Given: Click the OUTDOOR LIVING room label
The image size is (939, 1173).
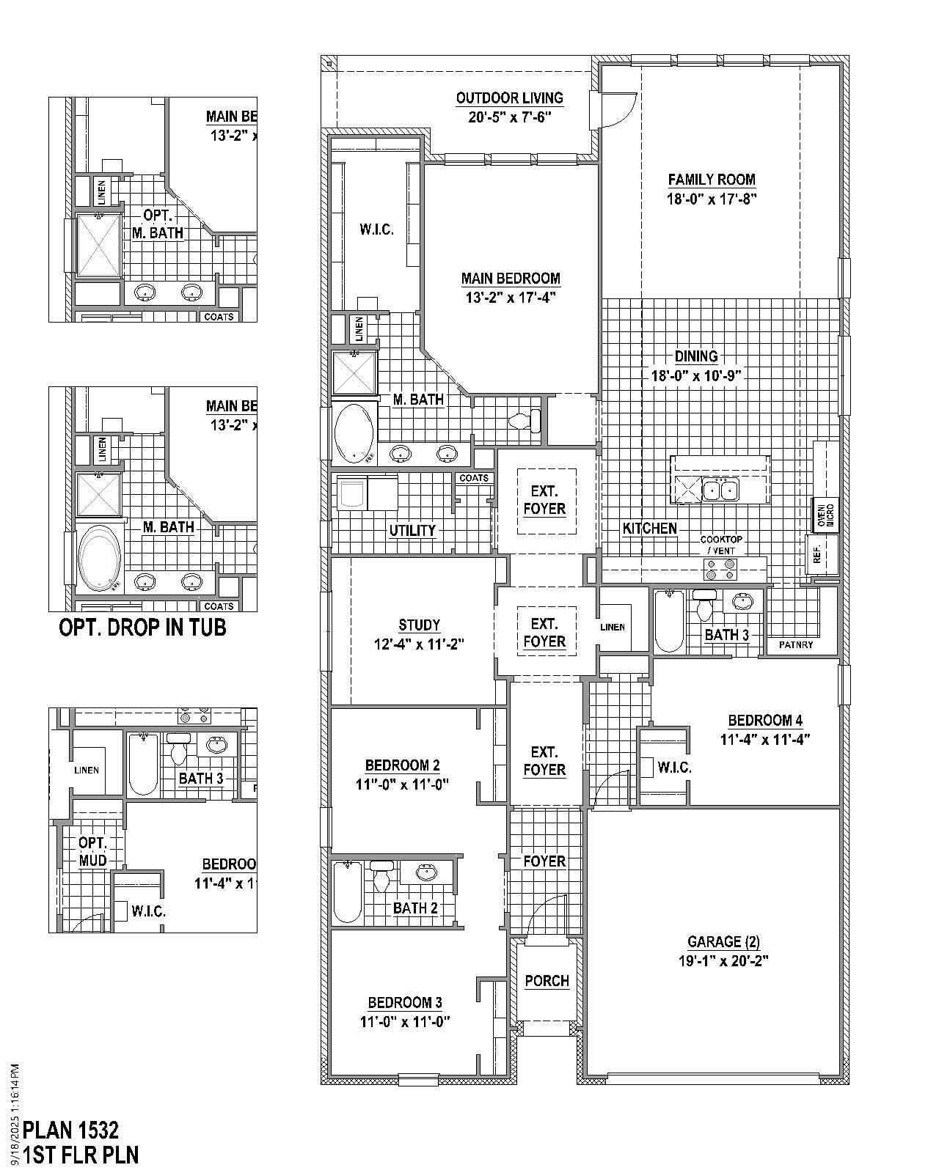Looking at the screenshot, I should [x=509, y=98].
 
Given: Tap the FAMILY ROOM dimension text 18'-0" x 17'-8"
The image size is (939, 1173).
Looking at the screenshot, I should [x=712, y=199].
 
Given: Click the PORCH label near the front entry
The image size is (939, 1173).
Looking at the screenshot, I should [x=547, y=981].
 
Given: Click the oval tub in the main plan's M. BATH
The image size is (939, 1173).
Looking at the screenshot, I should [x=354, y=433].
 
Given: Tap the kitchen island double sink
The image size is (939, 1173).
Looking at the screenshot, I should [x=720, y=490].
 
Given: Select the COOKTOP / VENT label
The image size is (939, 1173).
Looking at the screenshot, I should [x=720, y=545].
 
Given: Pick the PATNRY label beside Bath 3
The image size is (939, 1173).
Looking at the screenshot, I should [x=796, y=645].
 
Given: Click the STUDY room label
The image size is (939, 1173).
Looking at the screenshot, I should [x=419, y=625].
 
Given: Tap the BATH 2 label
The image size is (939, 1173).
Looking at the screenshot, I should [x=415, y=908].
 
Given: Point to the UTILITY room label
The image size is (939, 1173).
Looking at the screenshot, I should [x=412, y=530].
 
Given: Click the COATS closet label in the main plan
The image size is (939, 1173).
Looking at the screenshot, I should [x=473, y=478].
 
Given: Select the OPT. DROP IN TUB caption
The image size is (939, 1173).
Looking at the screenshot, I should [x=142, y=628].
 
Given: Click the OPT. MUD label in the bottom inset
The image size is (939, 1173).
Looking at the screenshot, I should [x=92, y=852].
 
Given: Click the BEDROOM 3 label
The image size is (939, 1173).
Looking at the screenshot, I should [x=405, y=1003].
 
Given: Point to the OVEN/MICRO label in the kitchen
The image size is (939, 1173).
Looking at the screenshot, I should [x=822, y=513].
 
